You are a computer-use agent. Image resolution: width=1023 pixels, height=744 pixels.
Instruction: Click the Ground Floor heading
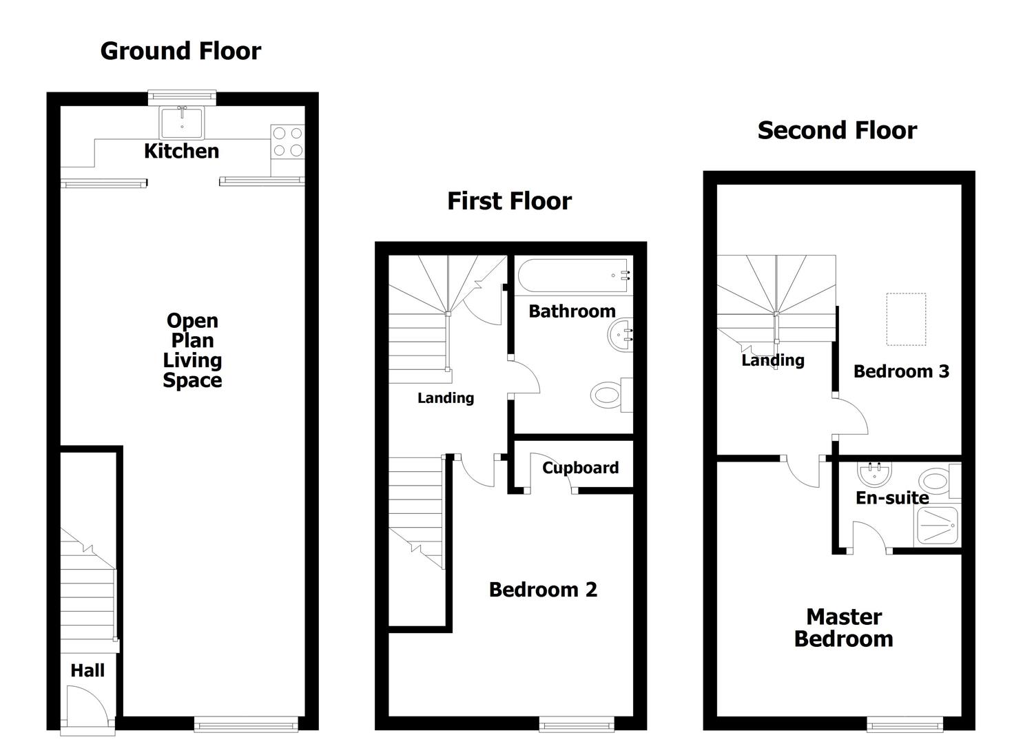[x=180, y=51]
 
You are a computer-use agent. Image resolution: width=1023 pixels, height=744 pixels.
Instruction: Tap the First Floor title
[x=509, y=201]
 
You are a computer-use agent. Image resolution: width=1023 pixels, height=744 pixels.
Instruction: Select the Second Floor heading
[x=837, y=130]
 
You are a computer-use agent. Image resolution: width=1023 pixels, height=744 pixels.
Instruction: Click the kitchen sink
[x=182, y=123]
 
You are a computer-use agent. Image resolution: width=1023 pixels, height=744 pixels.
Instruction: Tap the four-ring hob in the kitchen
[x=287, y=141]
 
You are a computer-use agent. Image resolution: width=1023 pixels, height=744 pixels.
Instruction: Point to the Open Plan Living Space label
[x=192, y=350]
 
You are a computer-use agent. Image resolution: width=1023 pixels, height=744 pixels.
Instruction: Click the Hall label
[x=87, y=670]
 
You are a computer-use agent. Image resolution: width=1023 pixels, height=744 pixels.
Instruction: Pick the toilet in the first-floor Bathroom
[x=609, y=395]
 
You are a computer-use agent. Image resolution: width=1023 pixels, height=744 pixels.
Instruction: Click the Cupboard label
[x=580, y=468]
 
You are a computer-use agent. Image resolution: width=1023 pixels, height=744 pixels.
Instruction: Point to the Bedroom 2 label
[x=543, y=590]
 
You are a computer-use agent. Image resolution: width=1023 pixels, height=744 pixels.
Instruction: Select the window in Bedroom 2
[x=577, y=723]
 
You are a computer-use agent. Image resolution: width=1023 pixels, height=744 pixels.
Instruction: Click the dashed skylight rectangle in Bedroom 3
[x=905, y=319]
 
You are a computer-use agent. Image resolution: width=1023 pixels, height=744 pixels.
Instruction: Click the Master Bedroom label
[x=844, y=628]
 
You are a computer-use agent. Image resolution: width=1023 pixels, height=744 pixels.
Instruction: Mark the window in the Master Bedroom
[x=905, y=723]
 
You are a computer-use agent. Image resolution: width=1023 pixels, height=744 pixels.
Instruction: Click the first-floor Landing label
[x=446, y=398]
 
